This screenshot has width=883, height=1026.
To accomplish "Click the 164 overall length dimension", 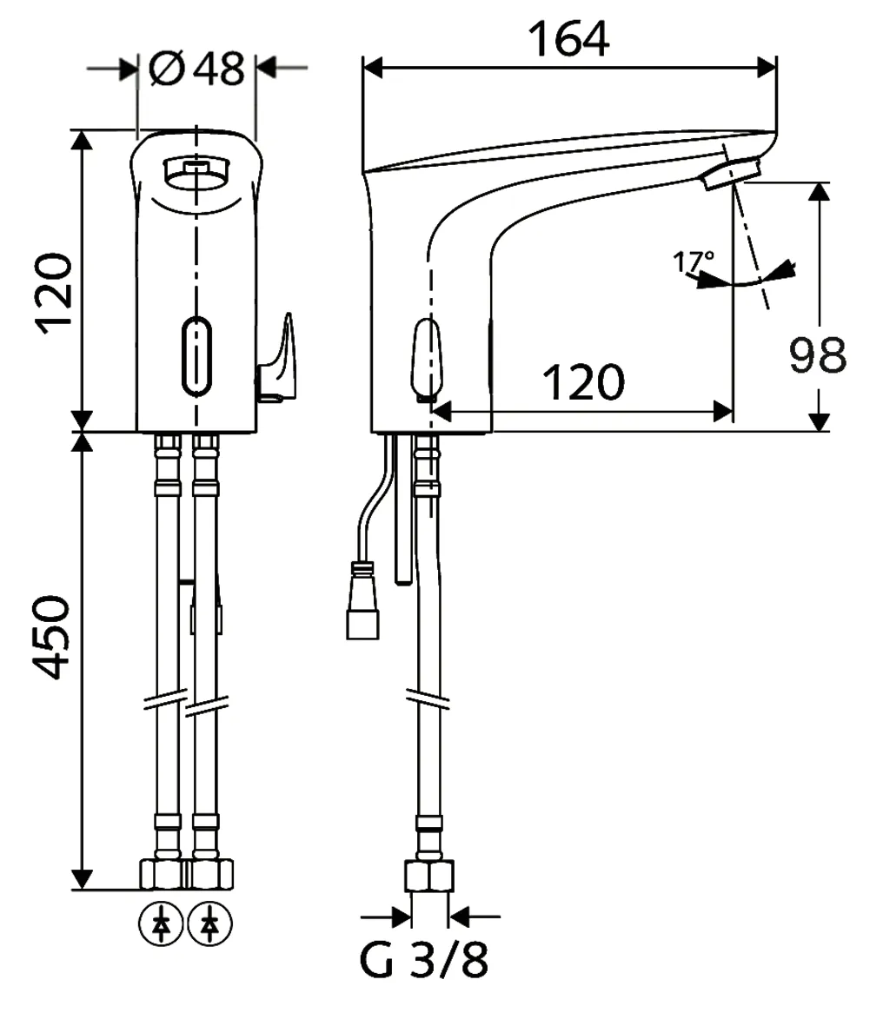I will [569, 38].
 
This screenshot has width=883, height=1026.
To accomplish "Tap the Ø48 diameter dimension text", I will [196, 68].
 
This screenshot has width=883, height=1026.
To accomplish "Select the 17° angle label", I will [693, 261].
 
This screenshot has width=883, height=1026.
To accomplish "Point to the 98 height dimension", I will [817, 354].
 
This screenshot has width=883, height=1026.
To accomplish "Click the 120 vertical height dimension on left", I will [51, 293].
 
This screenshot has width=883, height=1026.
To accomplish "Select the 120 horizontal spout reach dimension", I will [583, 382].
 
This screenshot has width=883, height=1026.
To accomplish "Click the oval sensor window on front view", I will [196, 354].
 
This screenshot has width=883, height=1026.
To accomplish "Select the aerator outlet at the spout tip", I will [729, 174].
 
